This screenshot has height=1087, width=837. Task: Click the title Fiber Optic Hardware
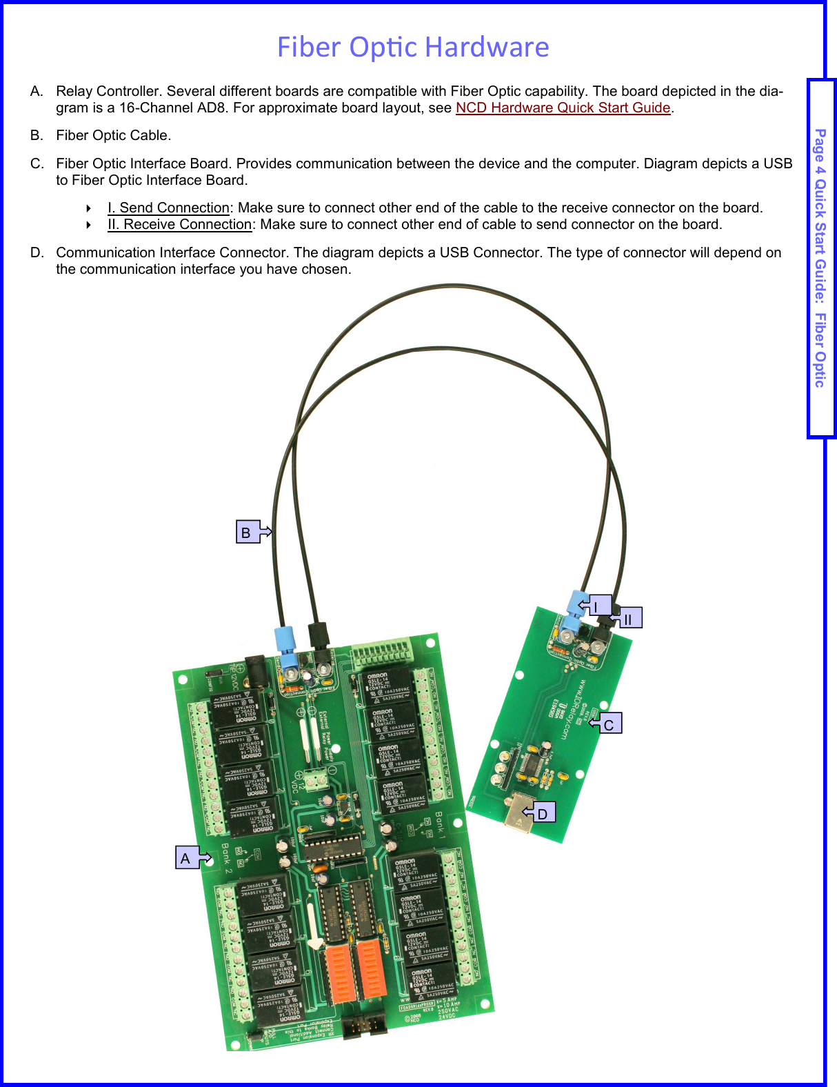[x=412, y=47]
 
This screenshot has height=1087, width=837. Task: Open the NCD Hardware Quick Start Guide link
[x=563, y=108]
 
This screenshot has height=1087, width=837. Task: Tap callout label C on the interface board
[x=609, y=724]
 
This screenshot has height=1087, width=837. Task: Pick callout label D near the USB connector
[x=543, y=813]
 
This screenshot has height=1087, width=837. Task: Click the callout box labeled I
[x=598, y=606]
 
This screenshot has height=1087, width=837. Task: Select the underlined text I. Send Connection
[x=168, y=208]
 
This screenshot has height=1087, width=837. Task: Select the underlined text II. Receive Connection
[x=179, y=224]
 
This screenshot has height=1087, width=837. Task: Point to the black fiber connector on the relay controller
[x=319, y=638]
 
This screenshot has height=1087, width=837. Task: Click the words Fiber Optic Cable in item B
[x=113, y=135]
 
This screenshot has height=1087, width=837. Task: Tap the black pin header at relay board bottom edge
[x=365, y=1026]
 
